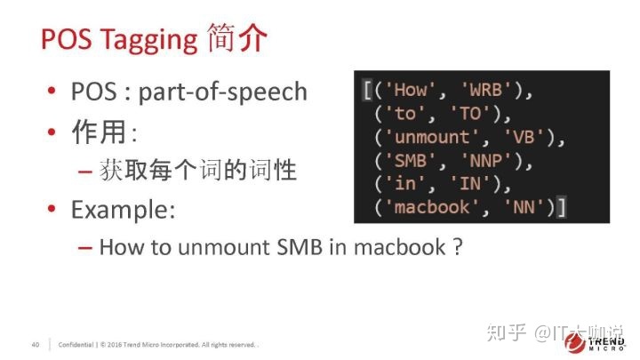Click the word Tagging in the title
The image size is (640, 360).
point(149,41)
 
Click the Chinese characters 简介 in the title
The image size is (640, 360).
point(237,38)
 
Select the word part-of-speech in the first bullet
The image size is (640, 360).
point(223,92)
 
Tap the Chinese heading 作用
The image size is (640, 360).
point(99,132)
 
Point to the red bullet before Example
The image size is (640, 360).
point(52,208)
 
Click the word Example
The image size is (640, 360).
point(123,210)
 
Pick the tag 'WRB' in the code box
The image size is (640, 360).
point(485,90)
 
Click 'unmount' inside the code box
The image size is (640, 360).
point(432,137)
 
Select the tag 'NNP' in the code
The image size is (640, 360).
point(485,161)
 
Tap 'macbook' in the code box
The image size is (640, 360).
point(432,207)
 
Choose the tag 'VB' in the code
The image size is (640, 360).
point(524,137)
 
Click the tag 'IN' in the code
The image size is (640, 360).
point(470,184)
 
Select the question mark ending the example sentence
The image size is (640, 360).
point(458,247)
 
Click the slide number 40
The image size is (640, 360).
point(36,345)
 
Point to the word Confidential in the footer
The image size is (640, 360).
point(76,345)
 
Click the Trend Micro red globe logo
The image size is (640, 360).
point(575,342)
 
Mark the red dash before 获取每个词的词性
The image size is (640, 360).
point(85,172)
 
